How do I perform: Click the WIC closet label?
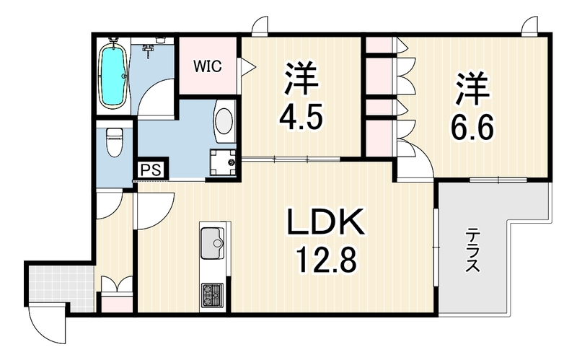208,66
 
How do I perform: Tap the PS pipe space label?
151,170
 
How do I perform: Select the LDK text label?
325,222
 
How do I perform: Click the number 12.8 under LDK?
326,260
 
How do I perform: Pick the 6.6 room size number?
472,127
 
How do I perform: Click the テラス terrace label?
473,250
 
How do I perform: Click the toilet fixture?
114,141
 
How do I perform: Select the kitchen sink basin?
212,243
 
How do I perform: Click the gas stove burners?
212,295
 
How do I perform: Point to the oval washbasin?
224,120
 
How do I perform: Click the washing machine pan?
223,162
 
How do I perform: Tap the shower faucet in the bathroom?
149,50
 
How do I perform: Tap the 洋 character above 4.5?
301,79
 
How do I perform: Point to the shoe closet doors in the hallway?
117,285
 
